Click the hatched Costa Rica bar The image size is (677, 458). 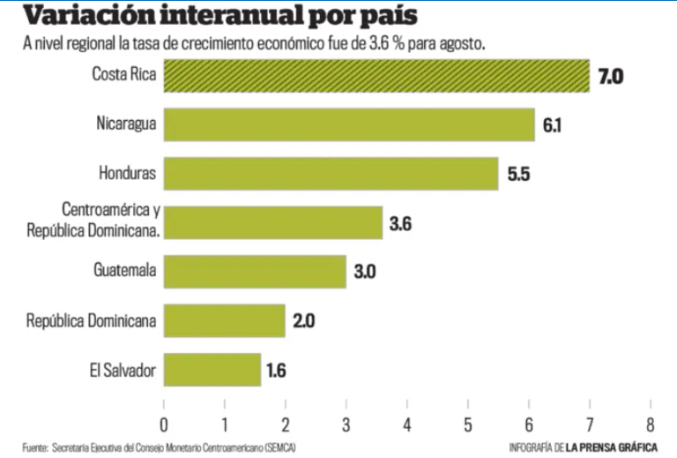376,76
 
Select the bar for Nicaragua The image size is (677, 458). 349,124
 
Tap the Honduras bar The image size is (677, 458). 331,174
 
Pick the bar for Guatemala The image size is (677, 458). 255,272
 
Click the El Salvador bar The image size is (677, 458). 212,370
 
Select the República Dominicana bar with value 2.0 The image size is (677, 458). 225,321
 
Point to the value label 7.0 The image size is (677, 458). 610,77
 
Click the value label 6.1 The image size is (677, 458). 553,125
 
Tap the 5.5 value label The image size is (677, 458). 517,174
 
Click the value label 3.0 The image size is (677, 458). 365,273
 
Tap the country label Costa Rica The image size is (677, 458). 124,74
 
